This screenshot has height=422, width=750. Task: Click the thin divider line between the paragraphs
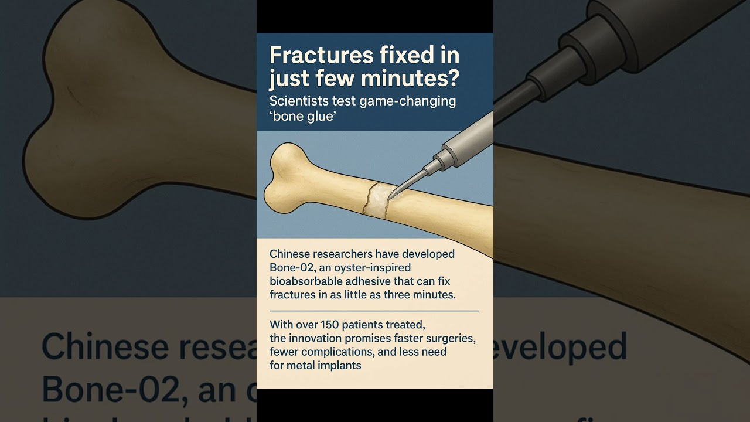click(374, 311)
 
